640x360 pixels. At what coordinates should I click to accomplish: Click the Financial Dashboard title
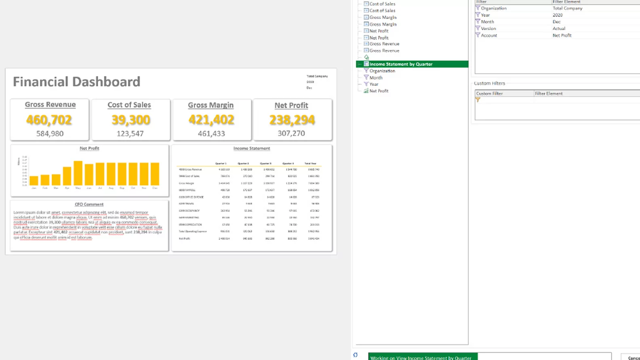76,82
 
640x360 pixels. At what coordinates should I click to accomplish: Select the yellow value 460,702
49,120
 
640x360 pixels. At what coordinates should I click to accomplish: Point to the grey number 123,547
130,133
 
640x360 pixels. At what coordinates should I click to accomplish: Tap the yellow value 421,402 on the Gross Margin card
211,120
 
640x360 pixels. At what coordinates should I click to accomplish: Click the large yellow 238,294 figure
292,120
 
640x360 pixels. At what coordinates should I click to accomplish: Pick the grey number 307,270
291,133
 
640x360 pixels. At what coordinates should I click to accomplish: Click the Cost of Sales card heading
129,105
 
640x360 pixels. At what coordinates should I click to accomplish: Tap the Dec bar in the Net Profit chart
155,174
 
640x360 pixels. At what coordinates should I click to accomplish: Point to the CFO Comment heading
89,204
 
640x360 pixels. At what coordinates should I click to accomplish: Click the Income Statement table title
251,148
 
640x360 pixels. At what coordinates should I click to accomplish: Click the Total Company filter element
567,8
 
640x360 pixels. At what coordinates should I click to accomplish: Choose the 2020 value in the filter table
558,15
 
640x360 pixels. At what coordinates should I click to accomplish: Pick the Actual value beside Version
559,28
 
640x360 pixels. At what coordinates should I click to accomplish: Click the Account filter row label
489,35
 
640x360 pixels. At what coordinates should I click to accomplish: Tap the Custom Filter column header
489,93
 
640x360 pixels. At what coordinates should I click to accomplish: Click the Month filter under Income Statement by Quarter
376,78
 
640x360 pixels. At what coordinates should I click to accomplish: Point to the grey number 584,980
50,133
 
